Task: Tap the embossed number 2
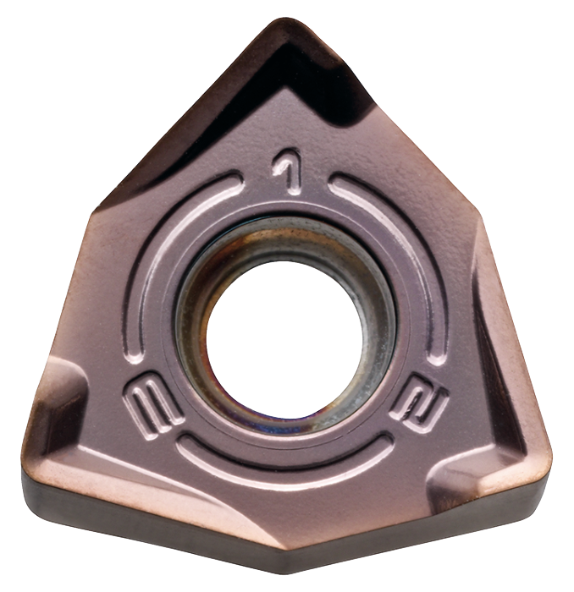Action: point(420,403)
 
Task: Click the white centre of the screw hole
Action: point(284,340)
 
